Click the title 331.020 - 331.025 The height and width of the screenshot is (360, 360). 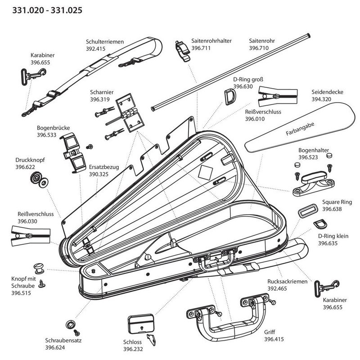[40, 9]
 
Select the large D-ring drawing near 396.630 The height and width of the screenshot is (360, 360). [229, 97]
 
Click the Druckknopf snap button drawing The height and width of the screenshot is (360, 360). [37, 180]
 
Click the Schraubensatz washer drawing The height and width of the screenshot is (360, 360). [70, 324]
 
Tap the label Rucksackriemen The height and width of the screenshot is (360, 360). [287, 281]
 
